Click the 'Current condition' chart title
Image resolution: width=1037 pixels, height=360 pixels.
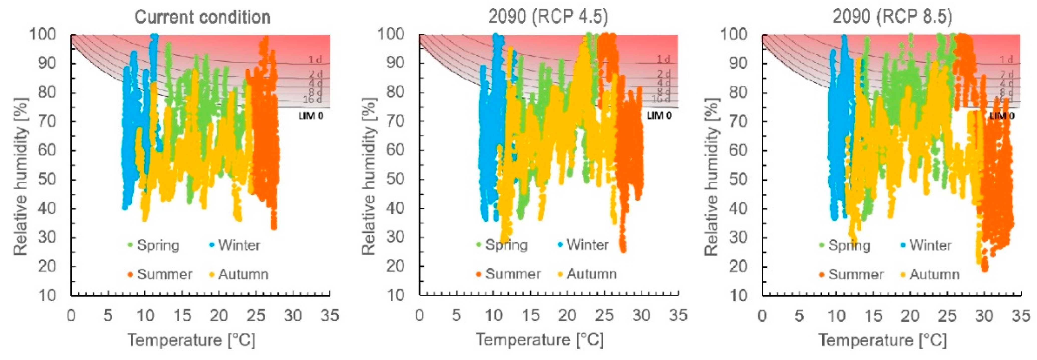point(202,17)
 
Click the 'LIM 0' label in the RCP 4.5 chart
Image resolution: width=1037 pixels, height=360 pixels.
point(659,115)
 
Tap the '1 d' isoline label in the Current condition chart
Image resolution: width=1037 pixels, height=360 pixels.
point(315,60)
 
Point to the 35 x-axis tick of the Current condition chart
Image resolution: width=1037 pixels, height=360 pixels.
point(330,315)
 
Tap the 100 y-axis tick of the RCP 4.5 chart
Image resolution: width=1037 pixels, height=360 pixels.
point(391,34)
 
